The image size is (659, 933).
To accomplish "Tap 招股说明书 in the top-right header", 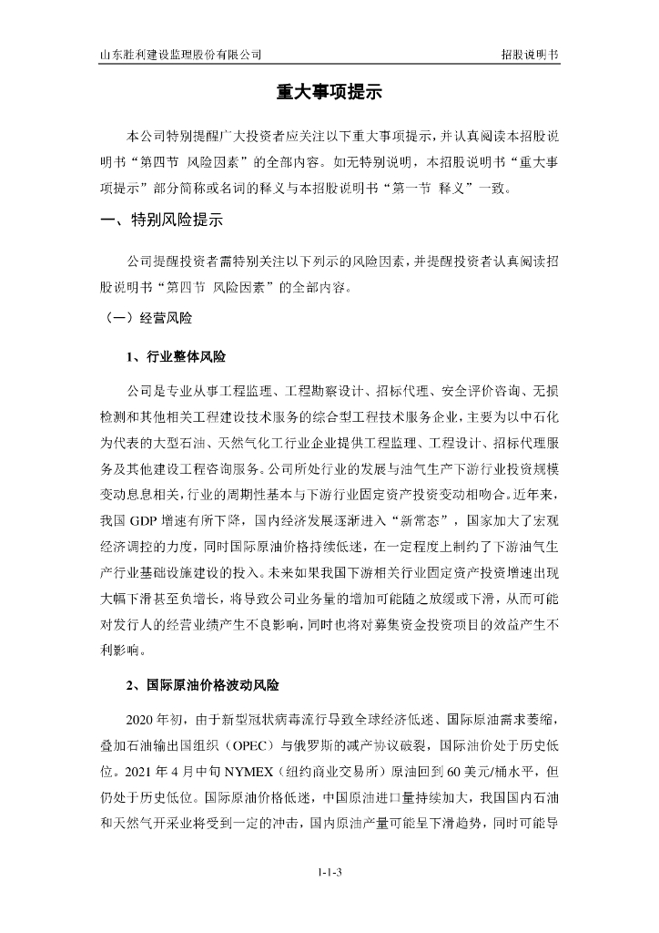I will (529, 54).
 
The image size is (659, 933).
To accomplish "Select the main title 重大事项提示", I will (329, 94).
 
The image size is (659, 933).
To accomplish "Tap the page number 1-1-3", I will (329, 874).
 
